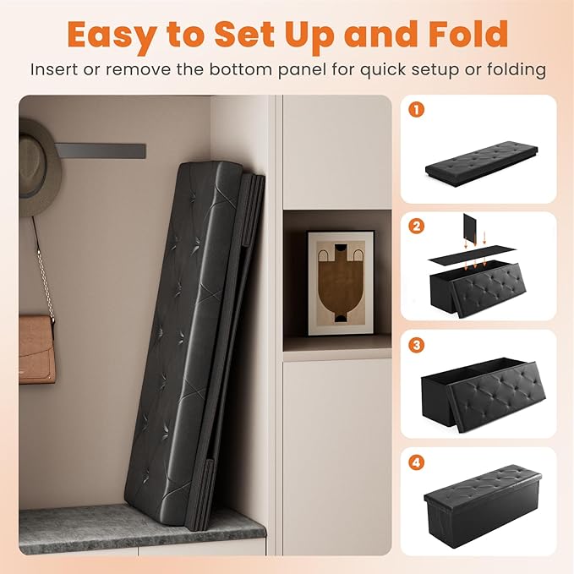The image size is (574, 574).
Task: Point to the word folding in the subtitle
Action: coord(517,70)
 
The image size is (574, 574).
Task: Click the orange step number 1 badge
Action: coord(416,109)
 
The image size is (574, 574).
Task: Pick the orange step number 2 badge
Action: coord(416,227)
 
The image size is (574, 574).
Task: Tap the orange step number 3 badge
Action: coord(416,345)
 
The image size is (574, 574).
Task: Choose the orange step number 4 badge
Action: coord(416,462)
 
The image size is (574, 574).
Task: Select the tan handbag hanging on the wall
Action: coord(36,350)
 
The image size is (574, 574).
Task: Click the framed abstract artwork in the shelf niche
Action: coord(341,282)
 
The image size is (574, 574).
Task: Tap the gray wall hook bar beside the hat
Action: coord(101,150)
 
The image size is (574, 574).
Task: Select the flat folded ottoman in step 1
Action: coord(481,162)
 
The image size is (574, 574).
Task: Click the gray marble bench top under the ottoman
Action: coord(142,529)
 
